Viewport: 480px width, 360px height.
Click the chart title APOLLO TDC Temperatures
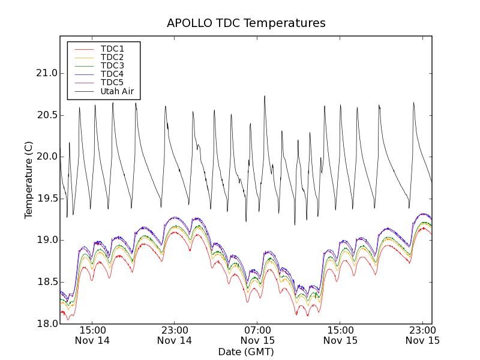click(246, 23)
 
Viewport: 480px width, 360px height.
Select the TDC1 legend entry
click(112, 49)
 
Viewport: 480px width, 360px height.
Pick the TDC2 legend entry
click(112, 57)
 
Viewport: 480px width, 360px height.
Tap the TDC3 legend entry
click(112, 65)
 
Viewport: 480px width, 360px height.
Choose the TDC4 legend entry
click(112, 74)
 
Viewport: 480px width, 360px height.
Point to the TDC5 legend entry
click(112, 82)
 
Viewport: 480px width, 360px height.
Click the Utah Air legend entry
click(117, 91)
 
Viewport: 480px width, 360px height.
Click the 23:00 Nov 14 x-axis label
click(175, 335)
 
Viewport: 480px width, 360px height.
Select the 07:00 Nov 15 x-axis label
click(257, 335)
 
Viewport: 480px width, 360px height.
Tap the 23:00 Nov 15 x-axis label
click(422, 335)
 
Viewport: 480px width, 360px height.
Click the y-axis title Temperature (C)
click(29, 180)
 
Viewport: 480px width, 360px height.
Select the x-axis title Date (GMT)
click(246, 352)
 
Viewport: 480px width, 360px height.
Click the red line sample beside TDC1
click(83, 49)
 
